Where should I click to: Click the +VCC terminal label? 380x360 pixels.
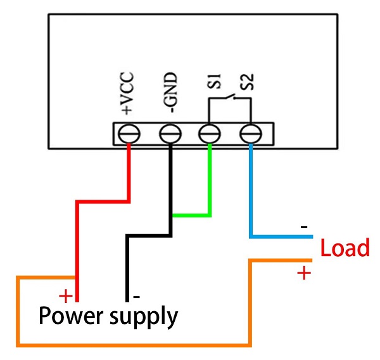tap(127, 93)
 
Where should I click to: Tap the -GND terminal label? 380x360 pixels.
tap(171, 93)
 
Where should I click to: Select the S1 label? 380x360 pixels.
tap(215, 81)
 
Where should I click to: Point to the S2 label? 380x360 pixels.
tap(247, 82)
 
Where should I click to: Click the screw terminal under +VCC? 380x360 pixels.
tap(129, 134)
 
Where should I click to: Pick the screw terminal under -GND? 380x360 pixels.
tap(170, 134)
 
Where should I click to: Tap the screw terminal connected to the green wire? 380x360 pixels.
tap(210, 134)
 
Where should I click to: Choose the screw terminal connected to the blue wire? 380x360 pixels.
tap(251, 134)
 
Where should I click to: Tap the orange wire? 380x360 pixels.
tap(133, 345)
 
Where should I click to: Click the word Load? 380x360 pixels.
tap(345, 247)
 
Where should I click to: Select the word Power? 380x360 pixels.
tap(71, 315)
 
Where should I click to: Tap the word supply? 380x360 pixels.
tap(144, 317)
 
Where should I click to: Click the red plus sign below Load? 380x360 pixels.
tap(304, 273)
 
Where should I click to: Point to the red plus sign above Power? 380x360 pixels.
tap(66, 296)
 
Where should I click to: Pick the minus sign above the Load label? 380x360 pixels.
tap(304, 227)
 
